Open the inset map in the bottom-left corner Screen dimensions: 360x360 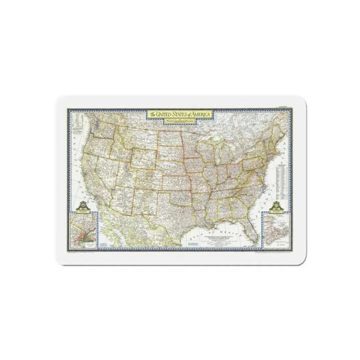click(x=85, y=234)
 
